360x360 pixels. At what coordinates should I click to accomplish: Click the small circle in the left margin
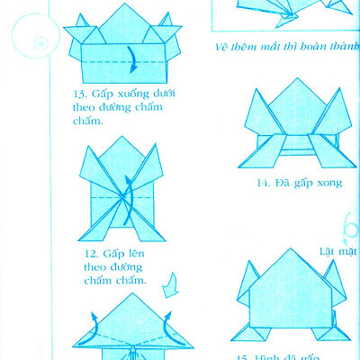tap(39, 42)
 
